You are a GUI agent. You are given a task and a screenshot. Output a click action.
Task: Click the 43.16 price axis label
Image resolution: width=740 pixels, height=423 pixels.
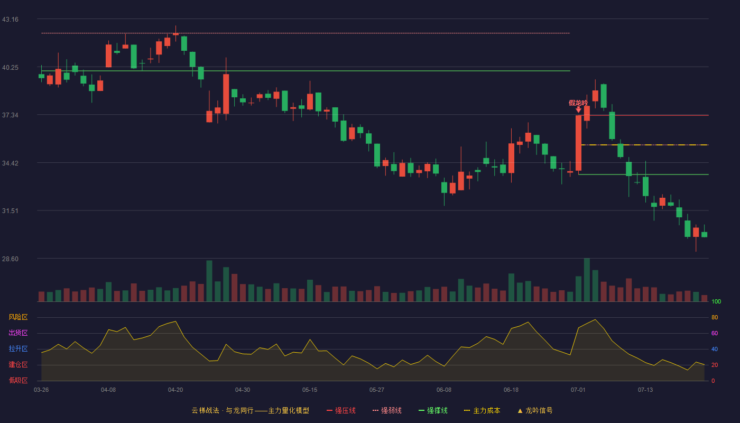click(10, 20)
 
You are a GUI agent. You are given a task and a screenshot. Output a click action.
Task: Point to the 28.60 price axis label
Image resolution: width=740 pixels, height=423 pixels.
click(10, 259)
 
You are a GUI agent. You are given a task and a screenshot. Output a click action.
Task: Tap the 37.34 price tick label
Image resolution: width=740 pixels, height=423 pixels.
click(10, 115)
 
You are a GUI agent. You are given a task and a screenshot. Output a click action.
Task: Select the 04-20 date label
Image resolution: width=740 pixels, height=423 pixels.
click(175, 390)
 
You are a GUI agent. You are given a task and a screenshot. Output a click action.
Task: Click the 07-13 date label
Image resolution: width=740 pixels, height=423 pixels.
click(645, 390)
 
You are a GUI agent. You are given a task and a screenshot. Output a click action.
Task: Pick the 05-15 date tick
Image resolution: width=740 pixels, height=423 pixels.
click(310, 390)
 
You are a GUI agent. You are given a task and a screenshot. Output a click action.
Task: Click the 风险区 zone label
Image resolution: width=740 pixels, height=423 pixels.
click(18, 317)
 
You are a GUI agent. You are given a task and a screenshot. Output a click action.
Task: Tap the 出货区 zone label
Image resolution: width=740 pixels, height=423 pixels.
click(18, 333)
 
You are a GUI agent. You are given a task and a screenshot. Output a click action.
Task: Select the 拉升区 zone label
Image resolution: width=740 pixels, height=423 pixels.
click(18, 348)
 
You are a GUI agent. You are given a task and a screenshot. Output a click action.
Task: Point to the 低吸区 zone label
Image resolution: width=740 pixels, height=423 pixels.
click(18, 380)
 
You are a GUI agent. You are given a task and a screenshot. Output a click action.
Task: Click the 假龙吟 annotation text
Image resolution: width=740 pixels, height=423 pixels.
click(578, 103)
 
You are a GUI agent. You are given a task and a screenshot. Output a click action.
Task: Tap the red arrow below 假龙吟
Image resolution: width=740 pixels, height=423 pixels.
click(578, 110)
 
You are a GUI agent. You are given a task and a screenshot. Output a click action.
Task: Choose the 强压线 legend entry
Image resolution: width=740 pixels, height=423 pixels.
click(341, 410)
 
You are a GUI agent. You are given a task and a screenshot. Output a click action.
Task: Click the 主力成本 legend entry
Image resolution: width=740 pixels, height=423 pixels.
click(482, 410)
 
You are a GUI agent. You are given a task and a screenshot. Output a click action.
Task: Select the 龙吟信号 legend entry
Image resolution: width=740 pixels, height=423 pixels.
click(535, 410)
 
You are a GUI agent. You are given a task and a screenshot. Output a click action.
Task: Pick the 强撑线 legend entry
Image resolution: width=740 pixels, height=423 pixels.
click(433, 410)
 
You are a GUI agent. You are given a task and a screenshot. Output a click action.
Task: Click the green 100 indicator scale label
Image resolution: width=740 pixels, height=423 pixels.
click(716, 301)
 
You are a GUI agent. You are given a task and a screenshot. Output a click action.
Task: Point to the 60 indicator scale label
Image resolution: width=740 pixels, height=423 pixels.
click(715, 333)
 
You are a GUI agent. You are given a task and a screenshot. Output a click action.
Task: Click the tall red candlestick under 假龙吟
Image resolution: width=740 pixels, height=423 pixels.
click(578, 143)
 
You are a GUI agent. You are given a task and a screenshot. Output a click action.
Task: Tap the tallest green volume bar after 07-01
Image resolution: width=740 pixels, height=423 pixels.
click(587, 280)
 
